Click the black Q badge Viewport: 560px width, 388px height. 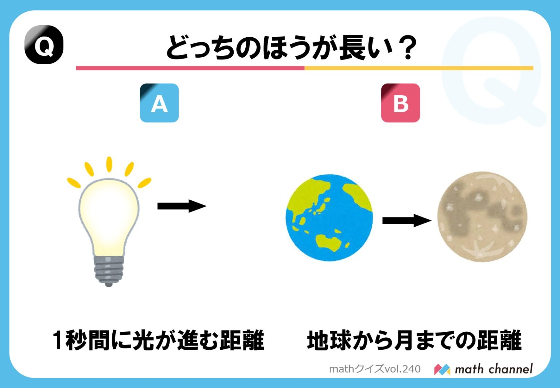[44, 45]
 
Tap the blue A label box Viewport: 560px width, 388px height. [159, 103]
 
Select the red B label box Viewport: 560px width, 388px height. [400, 103]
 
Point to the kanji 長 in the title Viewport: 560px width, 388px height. [352, 48]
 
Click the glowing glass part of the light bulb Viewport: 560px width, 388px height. [109, 215]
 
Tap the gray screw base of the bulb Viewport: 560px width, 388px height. [109, 270]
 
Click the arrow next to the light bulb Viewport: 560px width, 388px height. [182, 206]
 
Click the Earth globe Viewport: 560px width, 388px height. [330, 218]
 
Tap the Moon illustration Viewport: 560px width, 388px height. [482, 217]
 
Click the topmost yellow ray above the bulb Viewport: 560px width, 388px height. [109, 164]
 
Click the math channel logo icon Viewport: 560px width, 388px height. [442, 369]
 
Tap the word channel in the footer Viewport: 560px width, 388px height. [510, 369]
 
